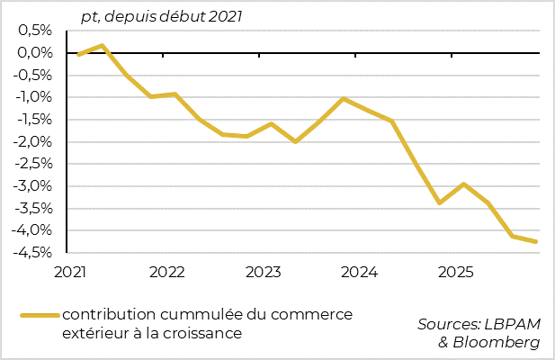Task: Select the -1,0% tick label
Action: point(33,97)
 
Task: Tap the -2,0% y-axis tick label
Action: point(33,141)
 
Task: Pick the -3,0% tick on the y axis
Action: point(33,186)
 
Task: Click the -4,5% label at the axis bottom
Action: point(33,253)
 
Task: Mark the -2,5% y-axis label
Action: point(33,164)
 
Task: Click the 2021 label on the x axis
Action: point(71,272)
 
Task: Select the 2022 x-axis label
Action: point(167,272)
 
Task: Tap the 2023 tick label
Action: point(264,272)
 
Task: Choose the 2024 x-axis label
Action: point(360,272)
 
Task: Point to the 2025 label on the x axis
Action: point(456,272)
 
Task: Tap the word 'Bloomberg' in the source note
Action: point(497,343)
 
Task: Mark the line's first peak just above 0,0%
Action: point(103,45)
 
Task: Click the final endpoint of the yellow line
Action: point(536,241)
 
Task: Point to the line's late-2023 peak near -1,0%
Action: point(344,98)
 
